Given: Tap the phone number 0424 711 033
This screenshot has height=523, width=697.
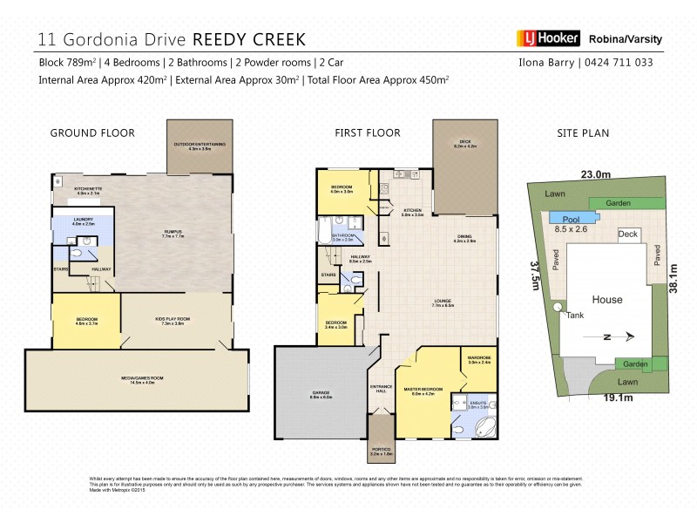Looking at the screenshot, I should click(618, 63).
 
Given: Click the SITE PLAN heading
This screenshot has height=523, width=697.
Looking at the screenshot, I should click(583, 133).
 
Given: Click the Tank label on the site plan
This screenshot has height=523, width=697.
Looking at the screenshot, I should click(574, 316).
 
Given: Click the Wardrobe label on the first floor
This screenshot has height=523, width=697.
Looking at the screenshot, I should click(479, 358).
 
